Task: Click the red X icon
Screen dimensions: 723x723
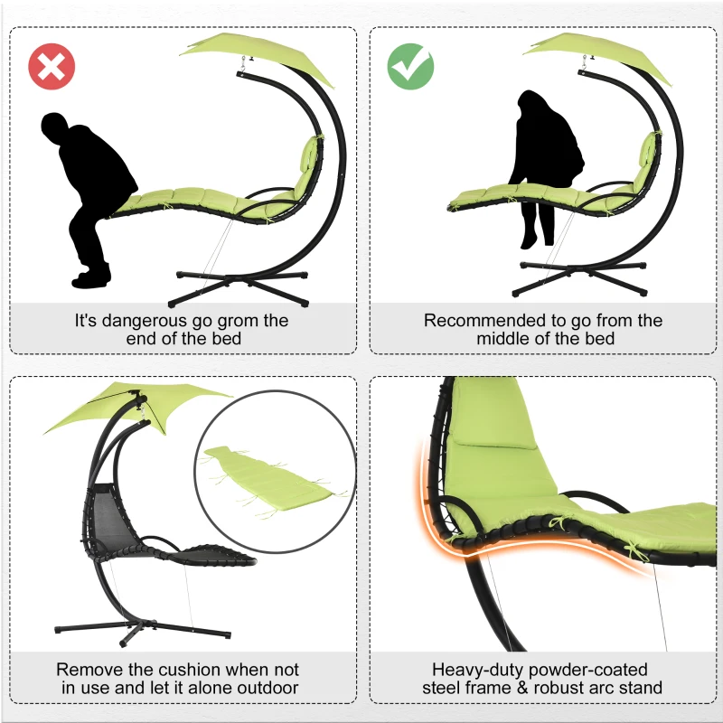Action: pos(51,66)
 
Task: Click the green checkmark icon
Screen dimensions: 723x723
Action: pos(410,66)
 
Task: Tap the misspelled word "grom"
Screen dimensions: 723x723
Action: pos(233,321)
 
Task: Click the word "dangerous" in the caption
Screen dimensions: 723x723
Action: pos(150,321)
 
